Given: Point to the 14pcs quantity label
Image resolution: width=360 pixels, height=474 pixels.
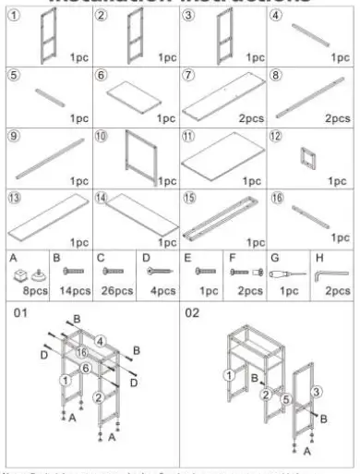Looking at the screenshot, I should pos(74,291).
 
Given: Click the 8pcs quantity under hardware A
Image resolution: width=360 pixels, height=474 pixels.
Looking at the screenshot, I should pos(30,291).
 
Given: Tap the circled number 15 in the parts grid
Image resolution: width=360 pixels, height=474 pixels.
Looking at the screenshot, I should pos(189,197).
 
